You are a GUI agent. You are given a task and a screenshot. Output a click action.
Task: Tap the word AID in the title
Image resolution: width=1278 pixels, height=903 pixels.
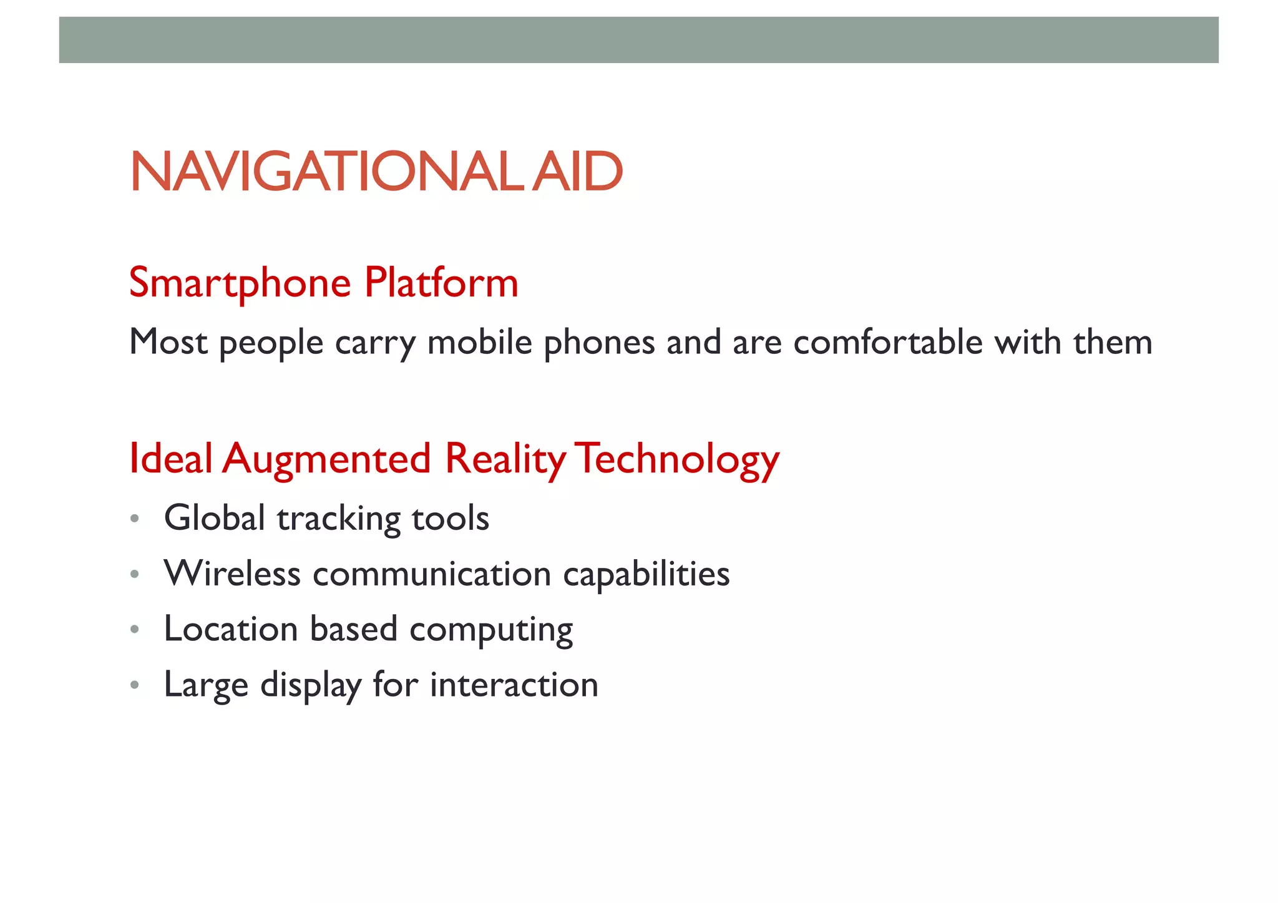(x=578, y=172)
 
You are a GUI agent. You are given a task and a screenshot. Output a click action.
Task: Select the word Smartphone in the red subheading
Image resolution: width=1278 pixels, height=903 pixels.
(x=240, y=283)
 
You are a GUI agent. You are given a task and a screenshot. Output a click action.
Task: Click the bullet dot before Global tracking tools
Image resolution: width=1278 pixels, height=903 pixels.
(x=134, y=519)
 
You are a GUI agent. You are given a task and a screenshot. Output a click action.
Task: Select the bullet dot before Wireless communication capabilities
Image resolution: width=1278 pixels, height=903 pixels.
(x=134, y=574)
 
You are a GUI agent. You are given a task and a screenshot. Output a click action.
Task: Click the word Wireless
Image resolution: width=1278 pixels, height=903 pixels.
(x=232, y=574)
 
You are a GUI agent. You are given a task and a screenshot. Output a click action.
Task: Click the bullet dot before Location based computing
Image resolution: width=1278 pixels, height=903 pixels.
(x=134, y=630)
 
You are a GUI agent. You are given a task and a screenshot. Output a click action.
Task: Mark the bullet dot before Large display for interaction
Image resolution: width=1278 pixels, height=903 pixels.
(x=134, y=685)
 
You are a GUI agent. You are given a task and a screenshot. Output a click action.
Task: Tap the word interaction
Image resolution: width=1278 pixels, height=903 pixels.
(x=514, y=685)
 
